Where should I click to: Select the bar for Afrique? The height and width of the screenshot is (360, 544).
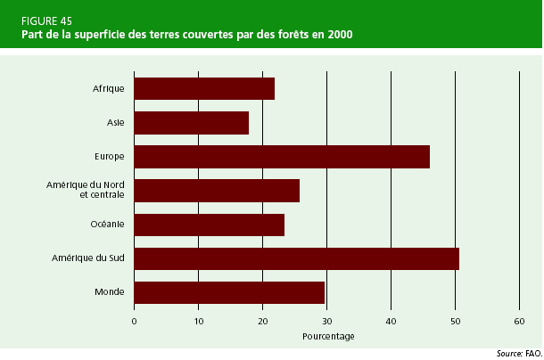click(204, 88)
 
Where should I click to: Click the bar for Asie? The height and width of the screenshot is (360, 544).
click(191, 122)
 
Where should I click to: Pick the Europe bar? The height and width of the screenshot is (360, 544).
click(282, 156)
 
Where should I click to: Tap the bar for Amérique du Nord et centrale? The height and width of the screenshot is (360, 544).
click(217, 190)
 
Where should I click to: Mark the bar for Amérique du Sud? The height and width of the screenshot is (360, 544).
click(296, 258)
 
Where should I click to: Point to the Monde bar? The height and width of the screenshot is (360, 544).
click(229, 292)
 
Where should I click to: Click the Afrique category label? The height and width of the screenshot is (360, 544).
click(108, 89)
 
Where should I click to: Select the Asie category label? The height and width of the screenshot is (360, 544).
click(116, 123)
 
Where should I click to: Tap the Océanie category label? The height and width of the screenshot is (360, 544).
click(107, 225)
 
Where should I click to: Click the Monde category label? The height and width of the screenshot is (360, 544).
click(109, 292)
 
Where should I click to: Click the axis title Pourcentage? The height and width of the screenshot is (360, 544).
click(328, 337)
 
